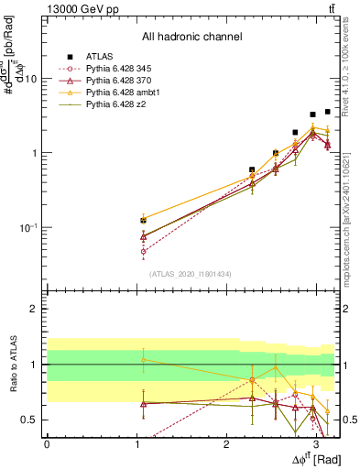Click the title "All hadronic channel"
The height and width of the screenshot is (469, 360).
[x=191, y=38]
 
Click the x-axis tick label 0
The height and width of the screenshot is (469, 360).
[x=47, y=443]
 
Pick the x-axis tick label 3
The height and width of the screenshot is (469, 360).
[x=316, y=443]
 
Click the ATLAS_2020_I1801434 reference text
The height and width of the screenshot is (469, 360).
[x=191, y=274]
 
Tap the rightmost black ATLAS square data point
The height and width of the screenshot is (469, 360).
[x=327, y=112]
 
